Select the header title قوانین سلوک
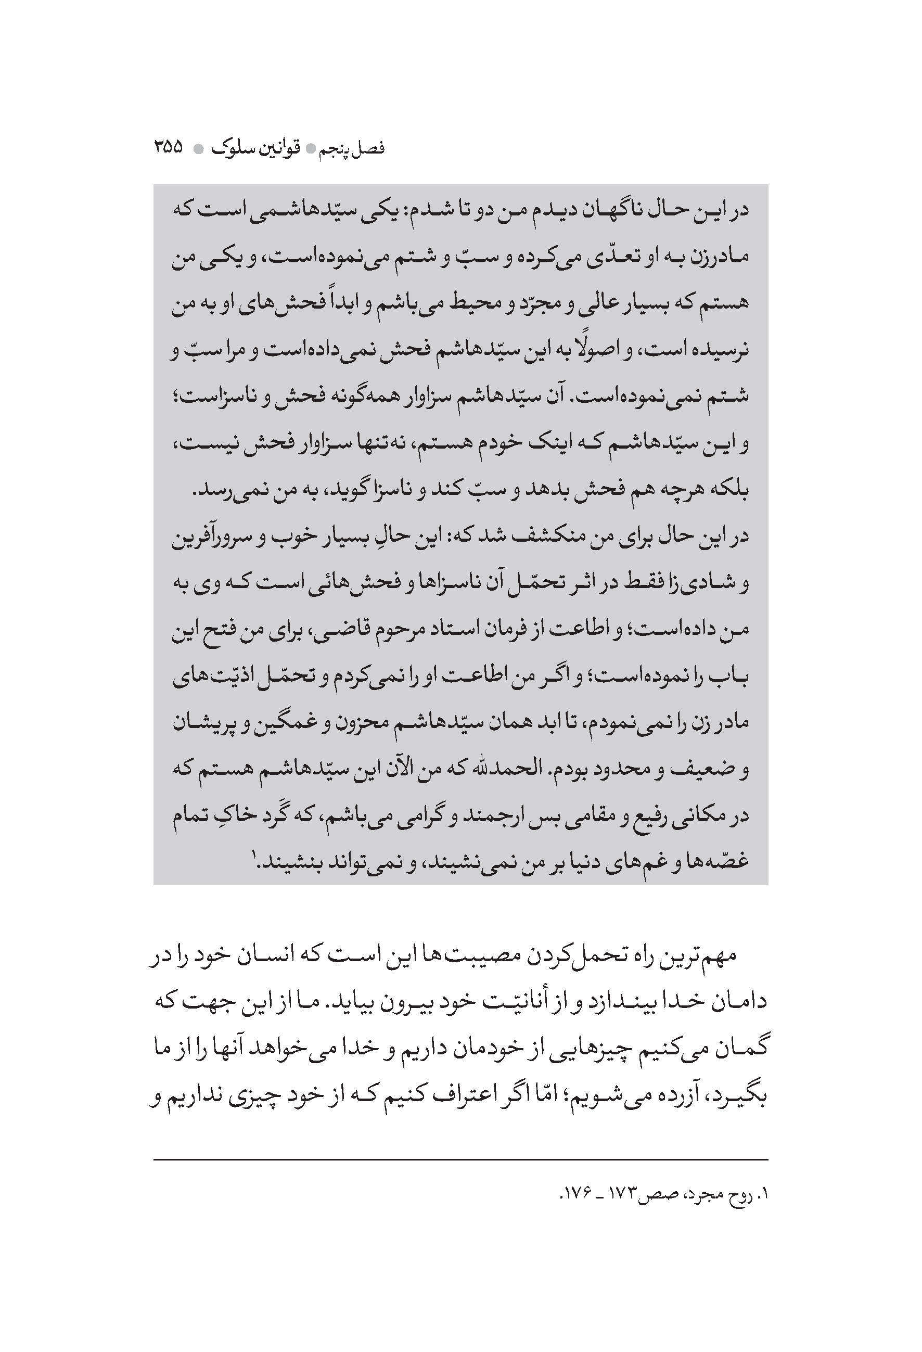point(262,148)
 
